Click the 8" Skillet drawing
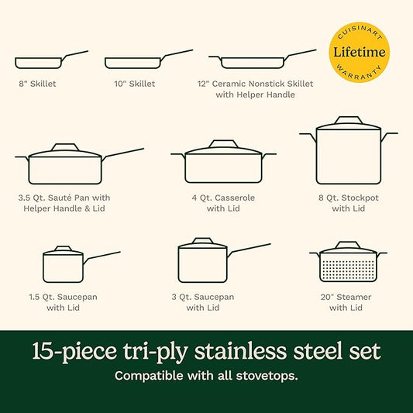coord(39,62)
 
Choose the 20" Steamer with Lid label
coord(345,302)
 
